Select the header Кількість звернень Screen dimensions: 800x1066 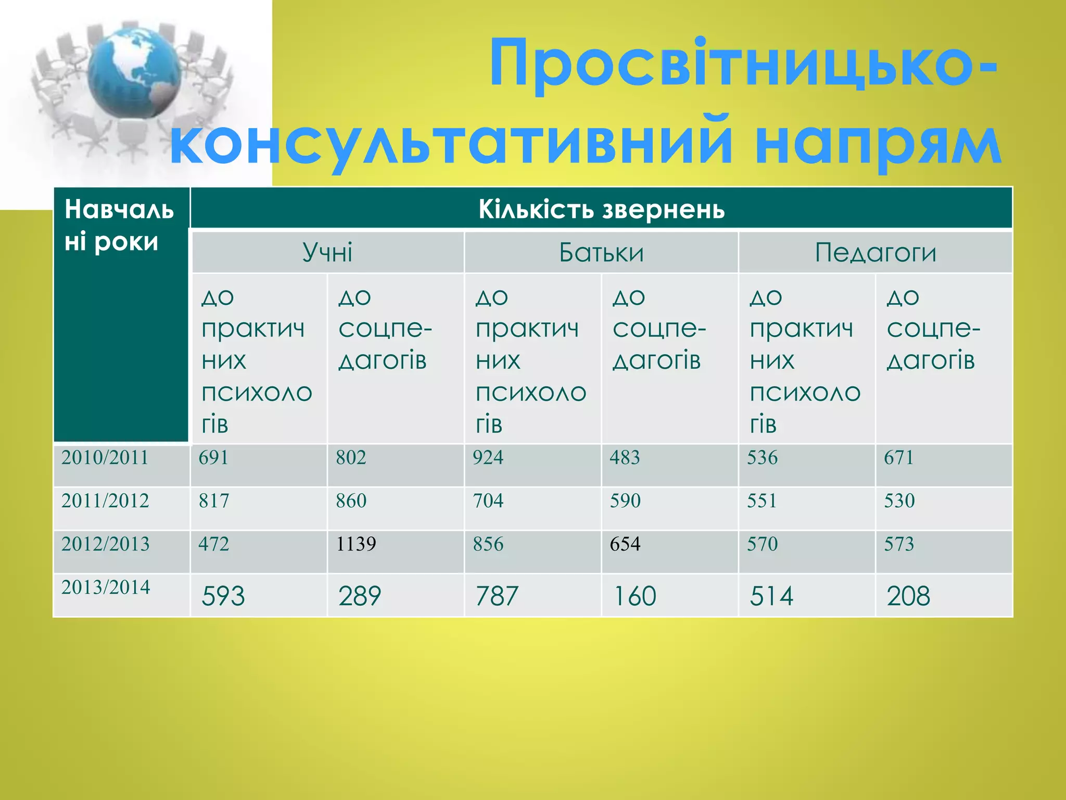coord(601,209)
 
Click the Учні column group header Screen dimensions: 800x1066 coord(327,253)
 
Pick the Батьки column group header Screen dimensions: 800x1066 coord(601,253)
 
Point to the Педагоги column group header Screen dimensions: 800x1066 coord(875,253)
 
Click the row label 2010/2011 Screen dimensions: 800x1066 coord(105,458)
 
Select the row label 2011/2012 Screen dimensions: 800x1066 coord(105,501)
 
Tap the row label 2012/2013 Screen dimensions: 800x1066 coord(105,544)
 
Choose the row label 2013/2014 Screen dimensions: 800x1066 coord(106,587)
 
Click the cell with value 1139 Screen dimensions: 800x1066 coord(356,544)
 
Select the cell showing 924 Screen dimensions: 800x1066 coord(488,458)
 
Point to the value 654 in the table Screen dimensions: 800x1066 coord(625,544)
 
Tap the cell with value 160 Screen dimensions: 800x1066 coord(635,596)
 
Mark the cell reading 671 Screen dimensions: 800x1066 coord(898,458)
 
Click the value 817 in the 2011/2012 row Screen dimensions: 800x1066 coord(213,501)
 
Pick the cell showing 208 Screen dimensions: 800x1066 coord(908,596)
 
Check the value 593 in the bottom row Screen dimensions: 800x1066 coord(223,596)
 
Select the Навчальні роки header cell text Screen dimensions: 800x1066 coord(119,226)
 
